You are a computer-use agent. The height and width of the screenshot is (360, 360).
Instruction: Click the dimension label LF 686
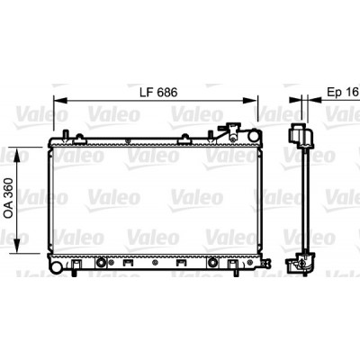pyautogui.click(x=158, y=93)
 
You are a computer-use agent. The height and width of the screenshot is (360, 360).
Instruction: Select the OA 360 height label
pyautogui.click(x=9, y=197)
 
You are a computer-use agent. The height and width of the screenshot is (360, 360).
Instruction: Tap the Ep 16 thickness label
pyautogui.click(x=343, y=92)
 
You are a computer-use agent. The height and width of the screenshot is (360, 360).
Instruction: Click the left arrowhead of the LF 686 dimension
pyautogui.click(x=60, y=101)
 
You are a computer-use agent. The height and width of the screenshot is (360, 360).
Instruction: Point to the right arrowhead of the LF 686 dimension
pyautogui.click(x=250, y=101)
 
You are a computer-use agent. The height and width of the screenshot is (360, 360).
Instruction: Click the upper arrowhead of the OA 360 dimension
pyautogui.click(x=17, y=155)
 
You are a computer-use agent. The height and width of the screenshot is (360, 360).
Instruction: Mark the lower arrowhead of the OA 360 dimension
pyautogui.click(x=17, y=246)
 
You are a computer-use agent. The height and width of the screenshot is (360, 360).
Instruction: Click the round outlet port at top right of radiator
pyautogui.click(x=254, y=135)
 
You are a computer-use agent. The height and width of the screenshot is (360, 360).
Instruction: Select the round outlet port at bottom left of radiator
pyautogui.click(x=56, y=266)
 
